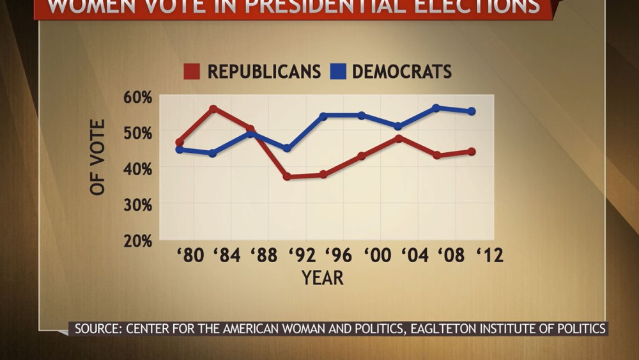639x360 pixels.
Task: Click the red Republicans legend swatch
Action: [192, 72]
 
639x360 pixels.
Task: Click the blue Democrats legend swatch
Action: [339, 72]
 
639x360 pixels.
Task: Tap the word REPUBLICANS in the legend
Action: [264, 72]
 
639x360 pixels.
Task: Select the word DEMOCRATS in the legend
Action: [402, 72]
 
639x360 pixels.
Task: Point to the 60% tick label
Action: [137, 98]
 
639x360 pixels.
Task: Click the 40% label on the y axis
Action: [137, 169]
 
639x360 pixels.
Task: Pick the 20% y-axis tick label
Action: [137, 241]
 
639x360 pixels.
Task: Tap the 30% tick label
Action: [137, 205]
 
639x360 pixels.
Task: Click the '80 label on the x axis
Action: [190, 256]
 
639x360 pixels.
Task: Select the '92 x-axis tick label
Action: [302, 256]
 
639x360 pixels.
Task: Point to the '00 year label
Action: [377, 256]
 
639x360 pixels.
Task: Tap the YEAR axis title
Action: [323, 278]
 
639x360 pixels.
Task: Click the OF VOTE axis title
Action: [98, 157]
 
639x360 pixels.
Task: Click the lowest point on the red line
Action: [288, 176]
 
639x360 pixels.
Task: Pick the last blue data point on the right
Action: [472, 111]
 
